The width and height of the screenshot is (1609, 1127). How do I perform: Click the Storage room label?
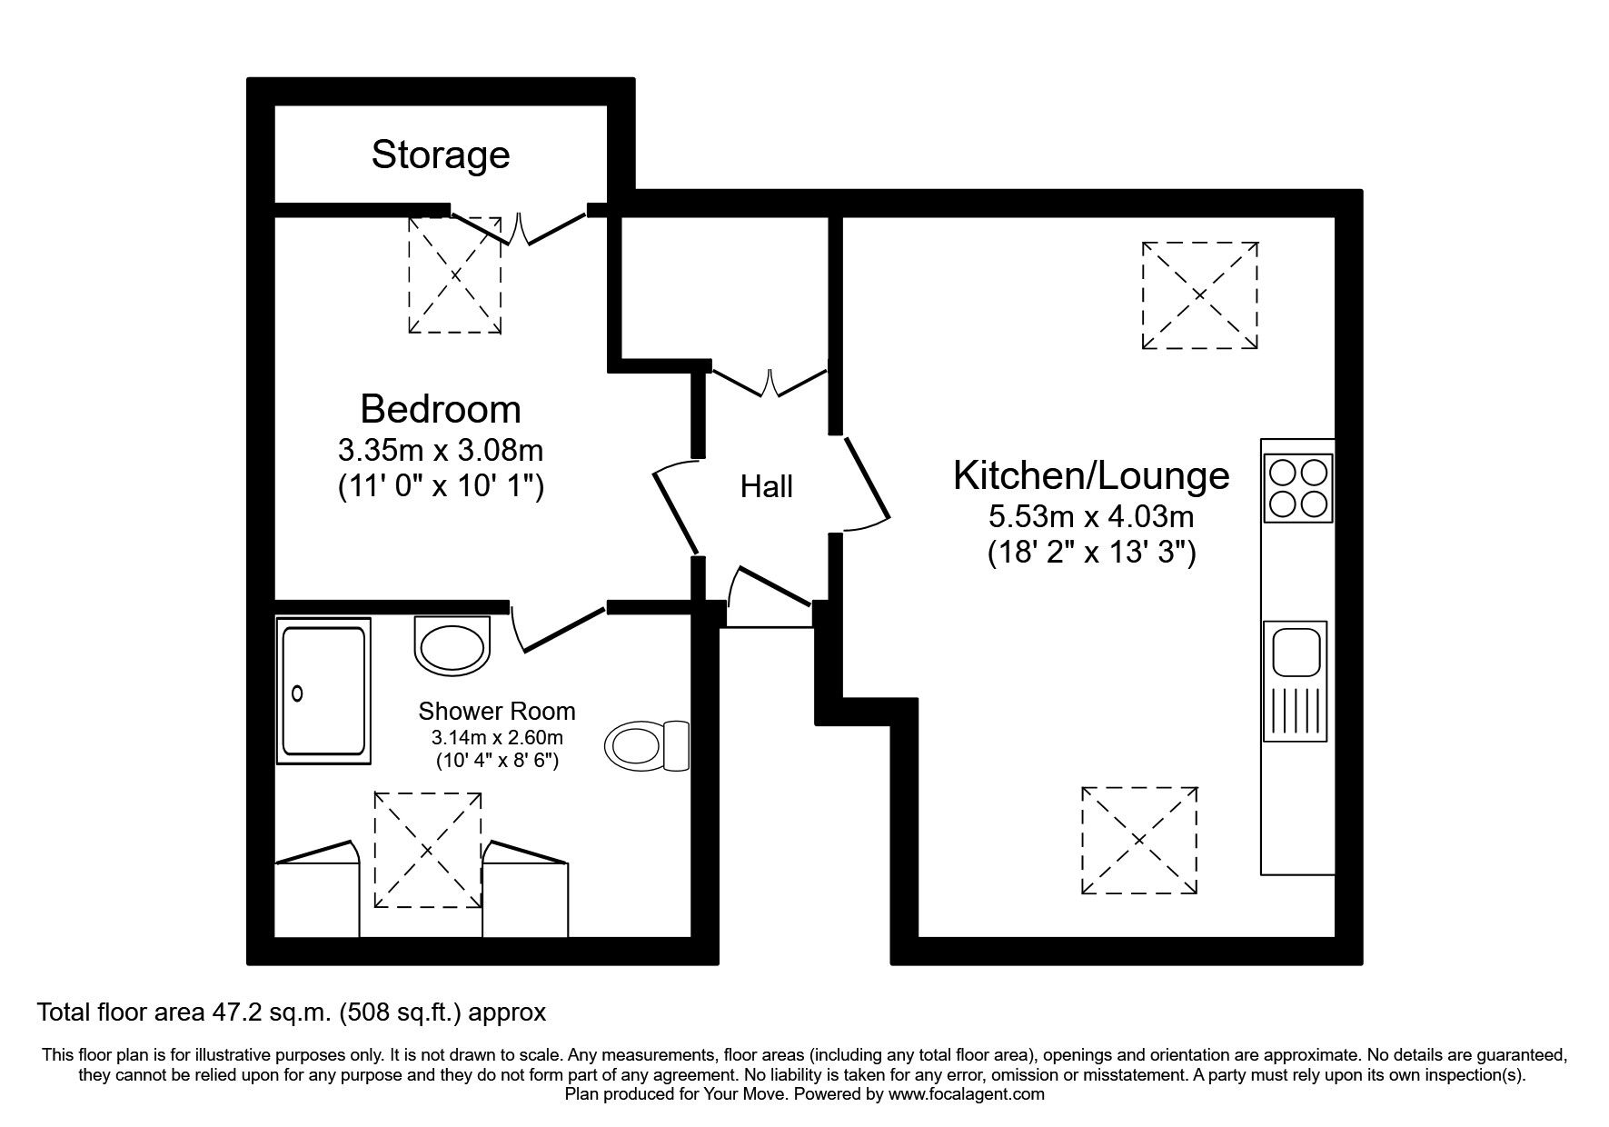coord(440,155)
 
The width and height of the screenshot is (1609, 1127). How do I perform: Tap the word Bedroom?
coord(440,409)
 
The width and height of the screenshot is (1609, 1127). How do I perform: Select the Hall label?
coord(766,487)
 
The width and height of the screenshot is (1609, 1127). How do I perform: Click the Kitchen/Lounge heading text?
coord(1090,475)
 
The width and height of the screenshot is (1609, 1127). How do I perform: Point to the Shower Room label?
coord(496,711)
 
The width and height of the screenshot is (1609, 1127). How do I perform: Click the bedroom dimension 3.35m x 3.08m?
coord(440,450)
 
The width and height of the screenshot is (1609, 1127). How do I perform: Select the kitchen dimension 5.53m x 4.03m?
coord(1090,517)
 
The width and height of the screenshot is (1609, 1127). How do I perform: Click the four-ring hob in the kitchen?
coord(1296,487)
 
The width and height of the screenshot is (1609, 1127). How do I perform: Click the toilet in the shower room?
coord(647,746)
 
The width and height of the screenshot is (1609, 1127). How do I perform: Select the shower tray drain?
coord(297,693)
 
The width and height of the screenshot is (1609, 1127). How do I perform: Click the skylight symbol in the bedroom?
coord(454,274)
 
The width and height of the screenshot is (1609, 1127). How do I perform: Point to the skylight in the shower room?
coord(428,850)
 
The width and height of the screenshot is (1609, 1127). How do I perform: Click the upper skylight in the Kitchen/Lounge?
coord(1199,295)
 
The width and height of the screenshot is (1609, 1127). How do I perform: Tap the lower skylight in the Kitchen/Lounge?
coord(1138,841)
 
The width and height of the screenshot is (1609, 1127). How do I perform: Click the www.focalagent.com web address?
coord(966,1094)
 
